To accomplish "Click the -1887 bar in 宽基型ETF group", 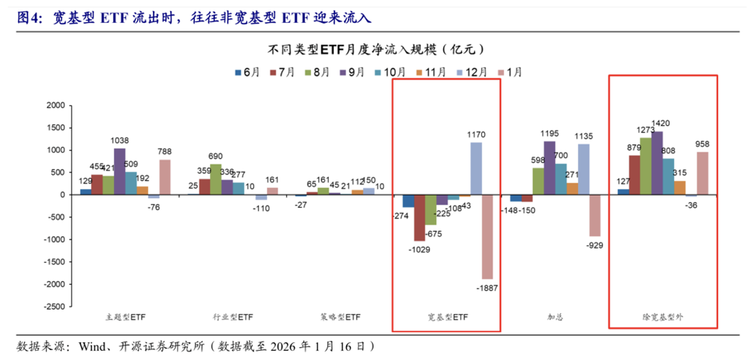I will pos(487,236).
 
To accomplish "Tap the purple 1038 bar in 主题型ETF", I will pos(120,171).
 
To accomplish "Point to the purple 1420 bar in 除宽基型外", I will pos(656,163).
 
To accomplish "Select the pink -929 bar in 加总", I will pos(594,216).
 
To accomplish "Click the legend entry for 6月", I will pos(246,73).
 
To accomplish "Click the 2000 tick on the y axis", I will pos(55,105).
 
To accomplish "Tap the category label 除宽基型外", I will pos(662,317).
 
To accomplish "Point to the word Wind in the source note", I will pos(94,346).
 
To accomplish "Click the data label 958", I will pos(702,144).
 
